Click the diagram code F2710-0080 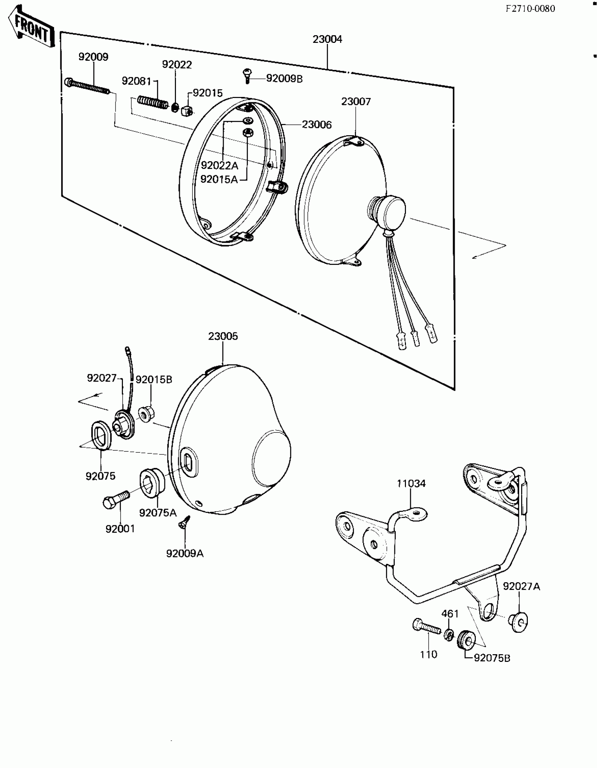tap(530, 8)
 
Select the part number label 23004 tap(327, 39)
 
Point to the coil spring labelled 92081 tap(152, 102)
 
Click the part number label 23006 tap(316, 125)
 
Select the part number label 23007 tap(356, 102)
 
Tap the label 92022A tap(219, 165)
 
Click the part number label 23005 tap(223, 337)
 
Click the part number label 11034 tap(411, 484)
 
